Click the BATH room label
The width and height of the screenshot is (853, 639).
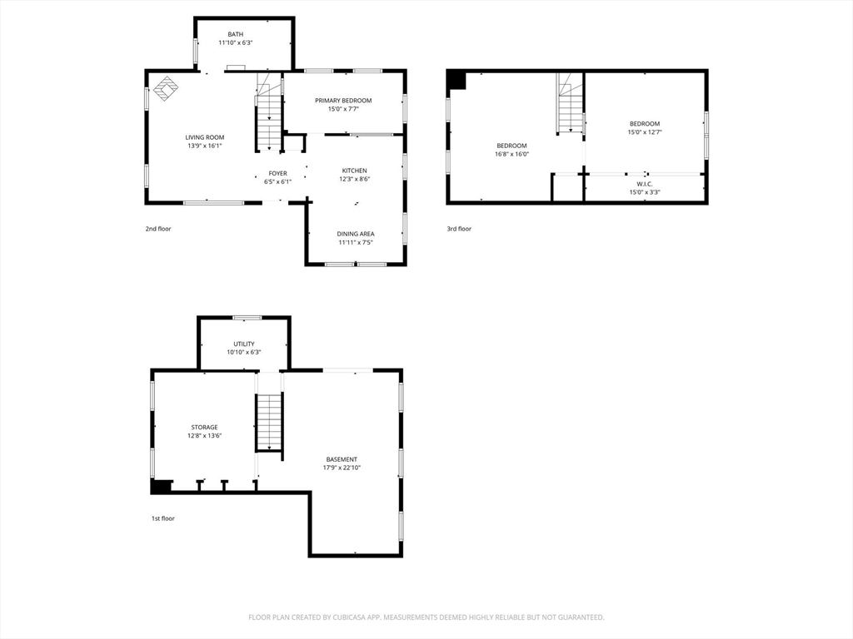(x=236, y=34)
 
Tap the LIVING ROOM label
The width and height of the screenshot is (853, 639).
(x=205, y=137)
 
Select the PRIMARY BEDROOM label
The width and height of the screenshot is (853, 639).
(x=343, y=101)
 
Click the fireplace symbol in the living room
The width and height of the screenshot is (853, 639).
(x=166, y=88)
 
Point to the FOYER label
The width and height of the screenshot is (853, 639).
(x=277, y=173)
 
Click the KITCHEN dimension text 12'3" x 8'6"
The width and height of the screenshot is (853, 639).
(x=354, y=179)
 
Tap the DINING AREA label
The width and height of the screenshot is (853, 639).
(x=355, y=234)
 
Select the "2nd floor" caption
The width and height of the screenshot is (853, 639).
(x=157, y=229)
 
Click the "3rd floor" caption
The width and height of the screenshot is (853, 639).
(x=459, y=229)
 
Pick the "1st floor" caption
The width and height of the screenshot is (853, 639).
(x=163, y=518)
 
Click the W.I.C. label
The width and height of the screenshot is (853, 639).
(x=645, y=184)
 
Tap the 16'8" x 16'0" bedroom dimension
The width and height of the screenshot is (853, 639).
(x=511, y=154)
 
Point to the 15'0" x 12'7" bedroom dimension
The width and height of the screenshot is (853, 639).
(x=645, y=132)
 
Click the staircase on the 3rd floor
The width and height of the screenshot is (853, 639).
(x=570, y=104)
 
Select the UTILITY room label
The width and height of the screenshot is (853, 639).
(x=244, y=344)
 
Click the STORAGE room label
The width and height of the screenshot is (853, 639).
(x=204, y=427)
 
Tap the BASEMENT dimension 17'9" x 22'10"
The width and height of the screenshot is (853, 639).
(x=342, y=468)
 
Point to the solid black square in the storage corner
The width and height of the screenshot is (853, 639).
(x=161, y=486)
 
